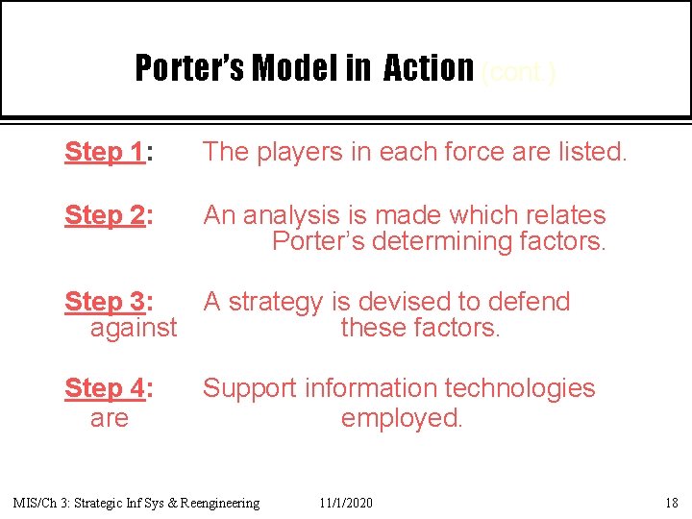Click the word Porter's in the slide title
pyautogui.click(x=188, y=68)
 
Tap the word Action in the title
pyautogui.click(x=429, y=68)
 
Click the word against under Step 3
pyautogui.click(x=134, y=328)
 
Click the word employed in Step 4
pyautogui.click(x=402, y=418)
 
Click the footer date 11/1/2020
pyautogui.click(x=346, y=503)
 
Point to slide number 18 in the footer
pyautogui.click(x=670, y=503)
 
